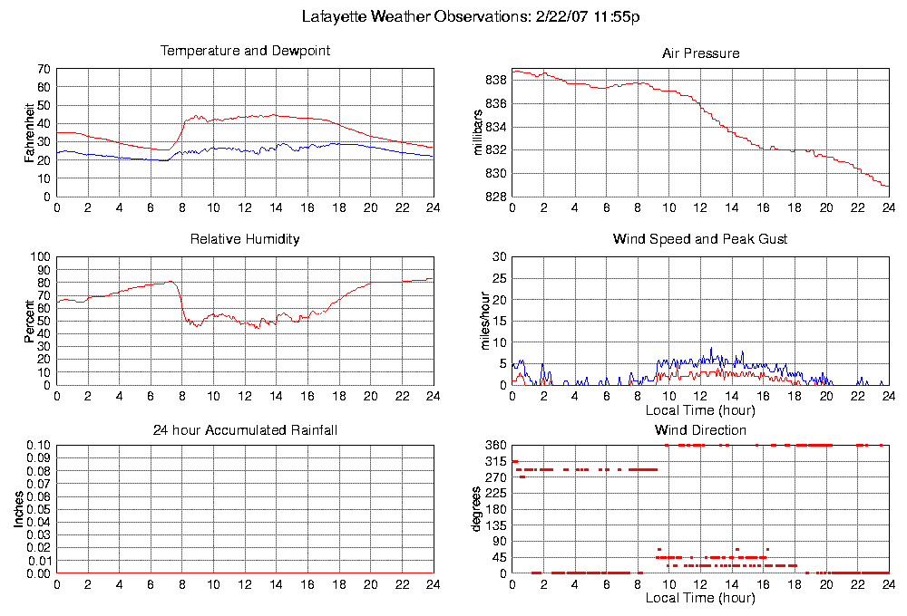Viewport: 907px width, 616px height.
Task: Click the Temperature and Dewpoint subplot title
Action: coord(245,51)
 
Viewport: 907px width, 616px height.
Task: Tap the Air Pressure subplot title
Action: coord(700,53)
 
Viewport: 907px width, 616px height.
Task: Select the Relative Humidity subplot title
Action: coord(245,239)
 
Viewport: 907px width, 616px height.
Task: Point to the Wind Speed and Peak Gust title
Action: coord(700,239)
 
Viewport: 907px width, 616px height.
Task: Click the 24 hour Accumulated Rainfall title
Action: coord(245,429)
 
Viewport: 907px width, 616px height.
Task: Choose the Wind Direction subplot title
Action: coord(700,429)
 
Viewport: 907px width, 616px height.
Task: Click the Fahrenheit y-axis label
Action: coord(31,132)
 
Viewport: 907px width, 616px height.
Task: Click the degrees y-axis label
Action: coord(479,509)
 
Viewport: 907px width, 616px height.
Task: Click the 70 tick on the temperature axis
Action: coord(44,69)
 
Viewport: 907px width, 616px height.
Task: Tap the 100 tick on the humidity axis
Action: coord(41,257)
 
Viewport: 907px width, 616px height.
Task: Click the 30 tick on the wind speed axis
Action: coord(498,257)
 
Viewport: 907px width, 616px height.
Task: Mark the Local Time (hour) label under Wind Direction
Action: coord(700,598)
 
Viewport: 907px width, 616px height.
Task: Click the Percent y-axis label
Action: coord(31,321)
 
